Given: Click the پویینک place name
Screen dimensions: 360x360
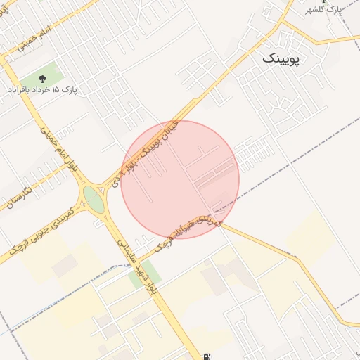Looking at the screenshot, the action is [281, 59].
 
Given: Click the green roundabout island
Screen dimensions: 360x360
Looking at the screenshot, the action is [94, 200].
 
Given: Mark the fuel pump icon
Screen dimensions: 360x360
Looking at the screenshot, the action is [205, 356].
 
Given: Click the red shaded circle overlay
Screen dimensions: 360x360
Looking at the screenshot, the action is [180, 179].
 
